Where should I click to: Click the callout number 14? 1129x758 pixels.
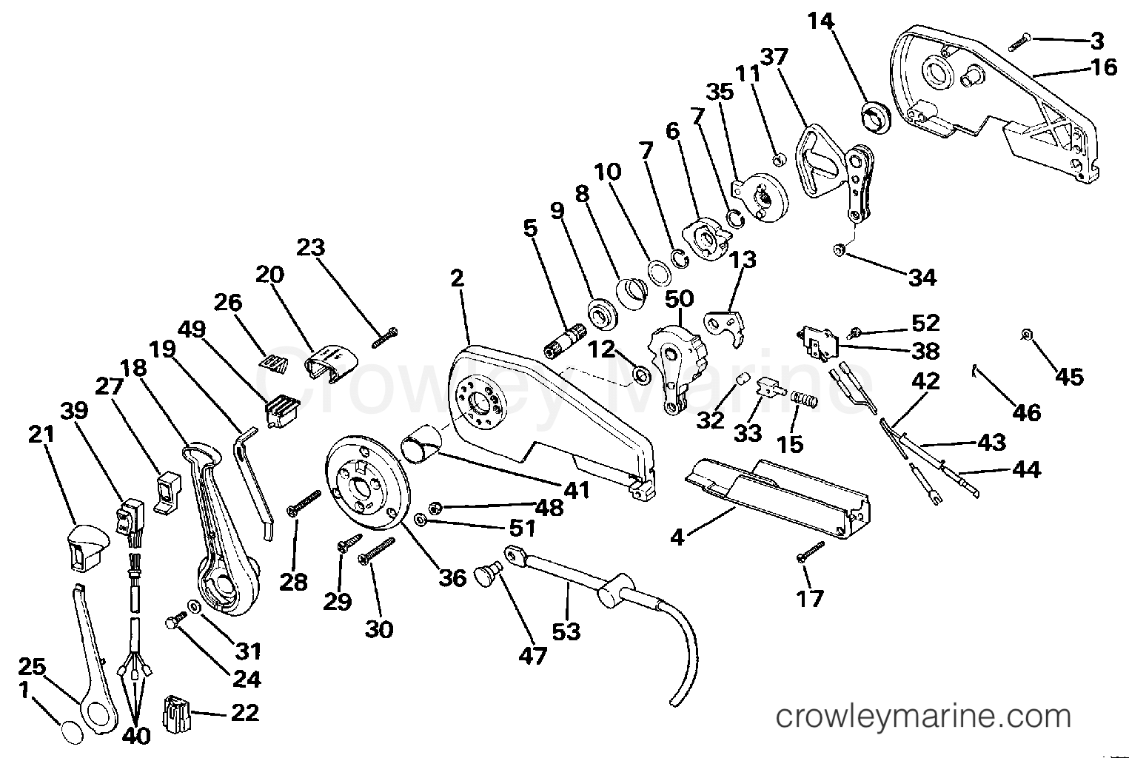(x=820, y=21)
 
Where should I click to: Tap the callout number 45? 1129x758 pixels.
(x=1068, y=377)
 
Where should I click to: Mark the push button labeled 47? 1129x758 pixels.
(x=486, y=574)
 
